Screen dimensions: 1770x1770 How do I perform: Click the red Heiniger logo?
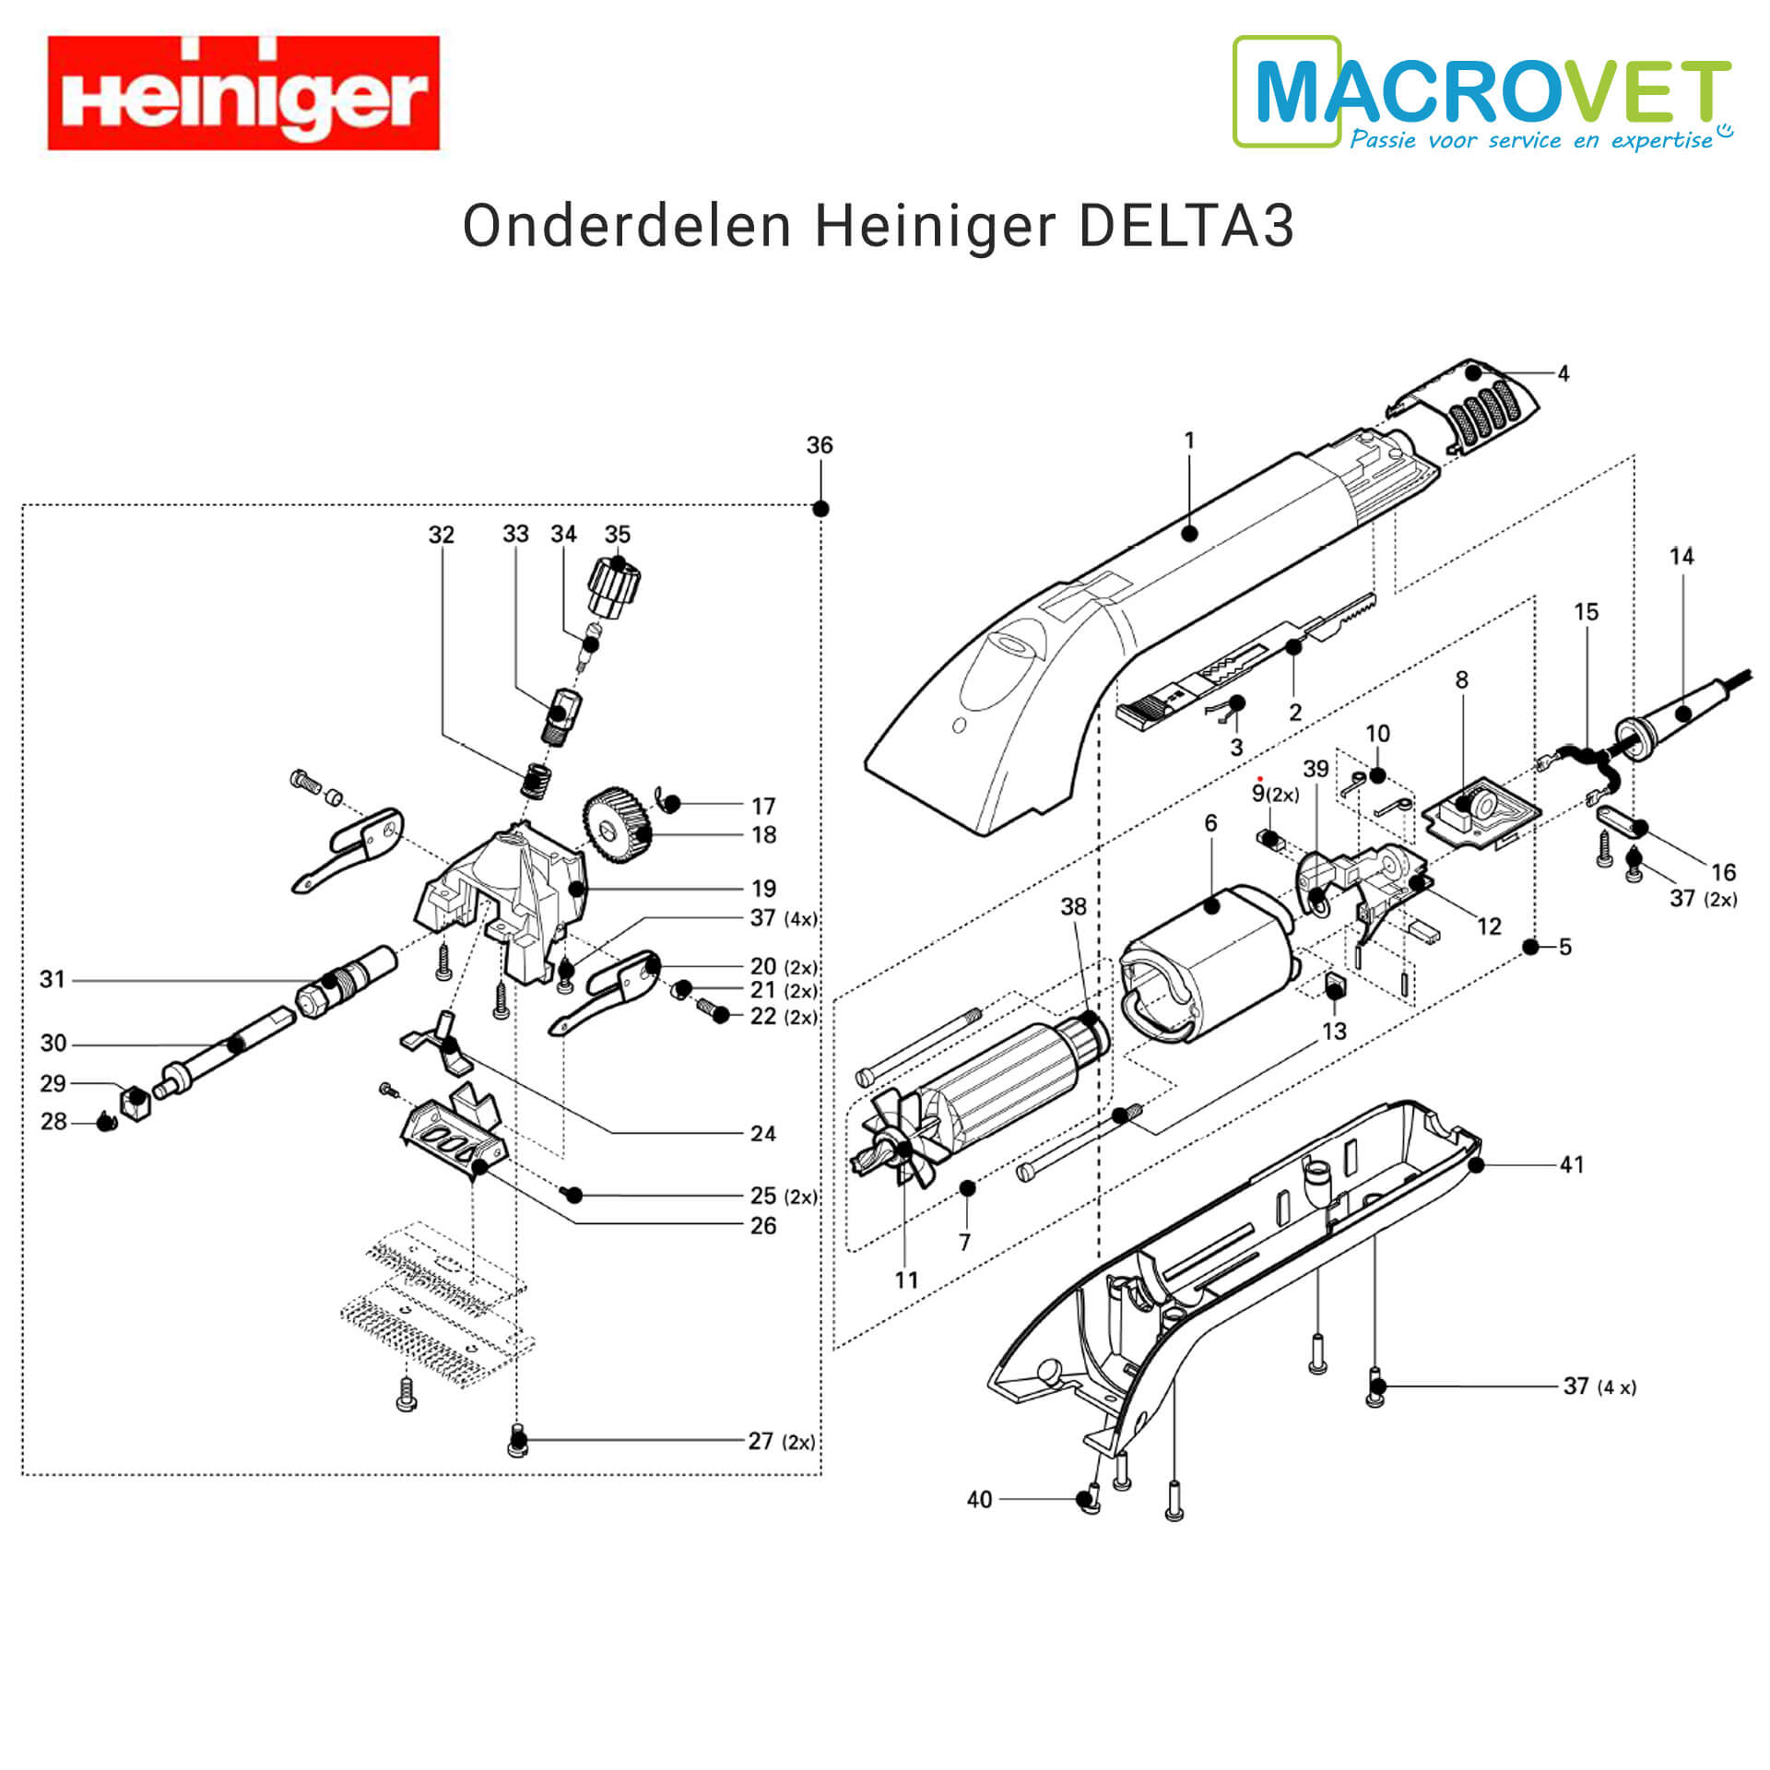(243, 93)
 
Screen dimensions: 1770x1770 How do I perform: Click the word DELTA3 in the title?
(1186, 226)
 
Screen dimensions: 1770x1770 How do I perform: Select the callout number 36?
(819, 445)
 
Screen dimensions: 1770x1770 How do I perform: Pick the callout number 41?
(1572, 1164)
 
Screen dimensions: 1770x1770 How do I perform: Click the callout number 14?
(1681, 556)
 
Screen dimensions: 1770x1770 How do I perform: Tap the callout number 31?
(53, 979)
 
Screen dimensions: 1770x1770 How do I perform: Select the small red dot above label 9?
(1259, 779)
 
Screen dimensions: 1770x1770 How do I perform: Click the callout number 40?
(979, 1500)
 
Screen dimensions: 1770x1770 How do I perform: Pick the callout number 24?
(762, 1133)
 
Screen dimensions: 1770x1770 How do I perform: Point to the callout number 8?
(1461, 679)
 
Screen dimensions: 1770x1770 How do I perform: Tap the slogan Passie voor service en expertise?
(1532, 140)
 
